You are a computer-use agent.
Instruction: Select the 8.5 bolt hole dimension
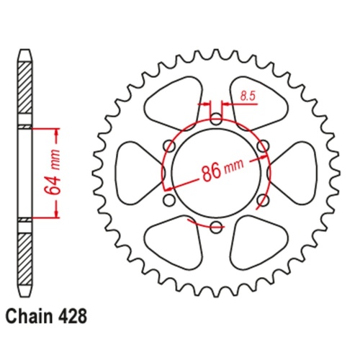(247, 94)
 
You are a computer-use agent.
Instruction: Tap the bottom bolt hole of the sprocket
(217, 228)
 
